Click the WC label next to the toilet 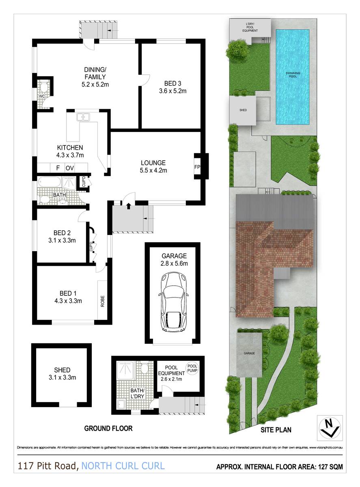pos(41,96)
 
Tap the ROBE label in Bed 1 pos(103,301)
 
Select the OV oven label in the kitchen pos(69,168)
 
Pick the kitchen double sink pos(84,117)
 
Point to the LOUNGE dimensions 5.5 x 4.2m pos(153,170)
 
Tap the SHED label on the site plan pos(243,110)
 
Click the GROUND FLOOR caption pos(108,428)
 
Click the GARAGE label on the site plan pos(249,353)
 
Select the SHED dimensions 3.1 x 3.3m pos(62,377)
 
